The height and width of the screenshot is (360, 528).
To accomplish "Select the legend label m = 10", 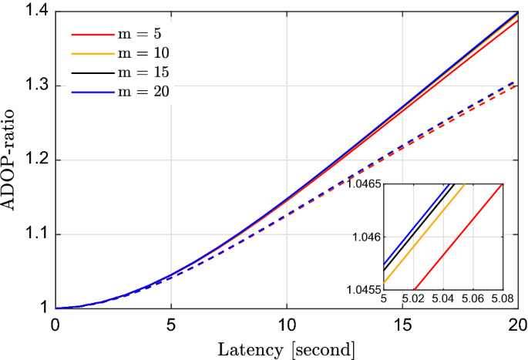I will coord(146,54).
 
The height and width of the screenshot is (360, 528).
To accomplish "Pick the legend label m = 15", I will coord(146,72).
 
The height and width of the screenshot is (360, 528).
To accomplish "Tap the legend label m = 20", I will coord(146,92).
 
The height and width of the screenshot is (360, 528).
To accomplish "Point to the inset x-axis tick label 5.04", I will coord(442,298).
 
